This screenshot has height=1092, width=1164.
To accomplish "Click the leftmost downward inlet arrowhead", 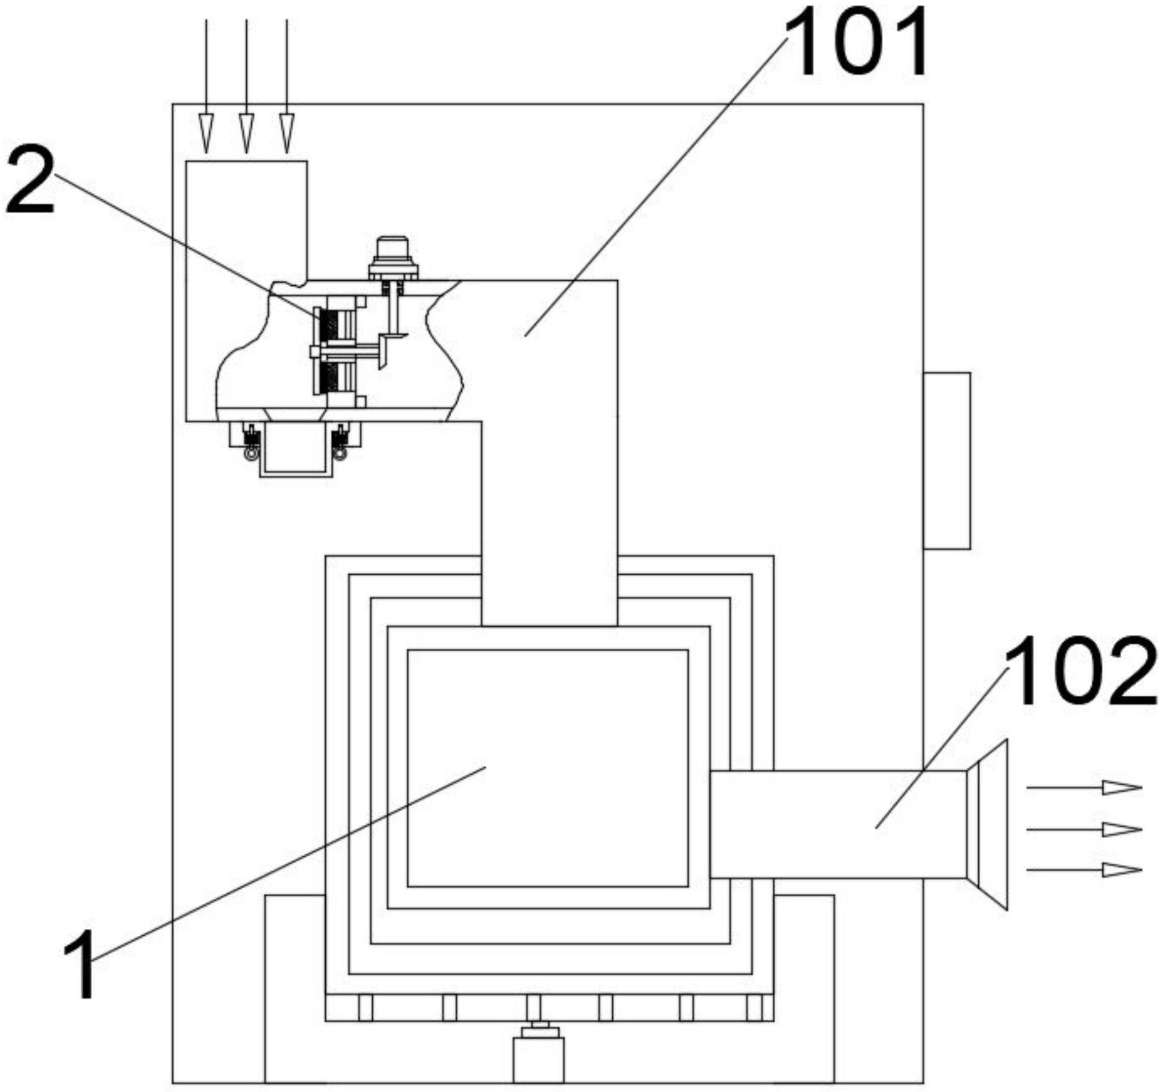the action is pos(206,133).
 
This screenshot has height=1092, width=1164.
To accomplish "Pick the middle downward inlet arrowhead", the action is pos(246,133).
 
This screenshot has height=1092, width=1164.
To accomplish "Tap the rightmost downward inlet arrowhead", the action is pos(286,133).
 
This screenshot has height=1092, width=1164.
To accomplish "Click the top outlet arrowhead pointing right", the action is pos(1122,788).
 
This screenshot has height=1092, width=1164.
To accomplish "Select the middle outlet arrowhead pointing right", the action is pos(1122,829).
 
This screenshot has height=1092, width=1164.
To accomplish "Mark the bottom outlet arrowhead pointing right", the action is pos(1122,870).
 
